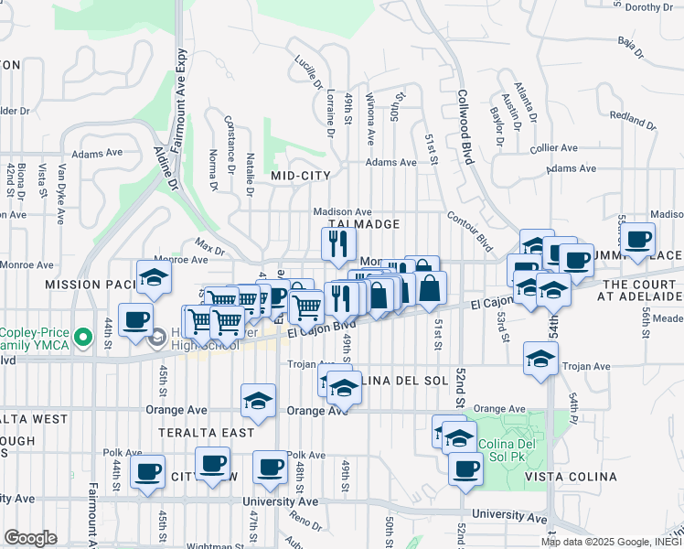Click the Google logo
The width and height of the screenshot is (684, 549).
tap(29, 538)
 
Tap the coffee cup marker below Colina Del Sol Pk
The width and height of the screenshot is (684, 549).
tap(465, 469)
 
